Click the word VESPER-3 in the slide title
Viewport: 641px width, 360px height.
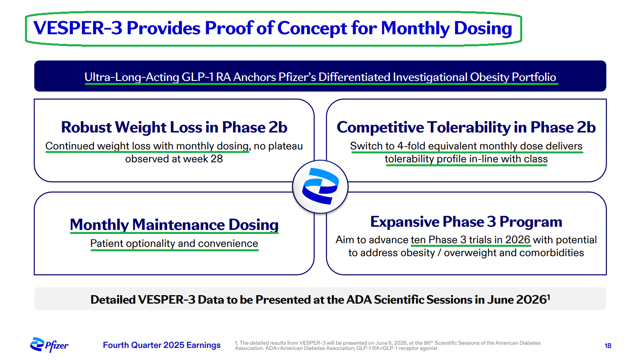78,28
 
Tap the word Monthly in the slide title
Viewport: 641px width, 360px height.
415,29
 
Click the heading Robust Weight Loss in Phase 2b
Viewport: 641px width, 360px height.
174,127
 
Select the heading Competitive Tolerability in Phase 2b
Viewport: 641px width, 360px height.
466,127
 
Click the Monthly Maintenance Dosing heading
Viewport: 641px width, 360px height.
174,224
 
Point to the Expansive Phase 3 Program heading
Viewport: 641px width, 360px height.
466,222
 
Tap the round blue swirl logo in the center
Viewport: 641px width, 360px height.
320,186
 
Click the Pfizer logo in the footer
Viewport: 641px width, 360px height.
49,345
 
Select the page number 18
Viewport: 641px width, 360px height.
608,346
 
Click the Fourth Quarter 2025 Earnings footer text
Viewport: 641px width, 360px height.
162,345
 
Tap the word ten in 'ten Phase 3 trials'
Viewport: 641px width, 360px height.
418,240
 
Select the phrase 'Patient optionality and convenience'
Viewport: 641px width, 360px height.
174,244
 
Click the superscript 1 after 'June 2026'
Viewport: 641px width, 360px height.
548,297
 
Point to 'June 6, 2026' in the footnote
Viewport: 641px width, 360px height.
390,343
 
